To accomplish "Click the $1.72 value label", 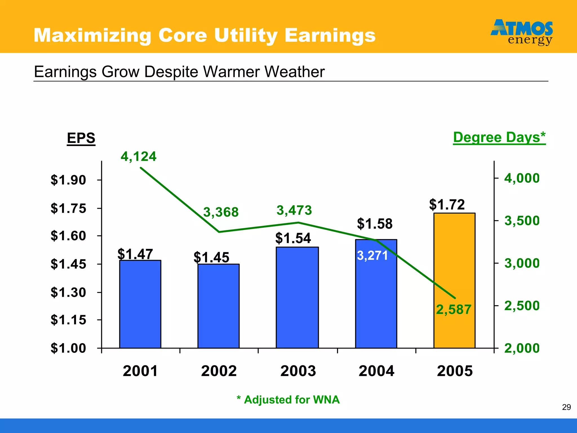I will pos(447,204).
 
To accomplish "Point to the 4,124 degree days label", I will pos(138,156).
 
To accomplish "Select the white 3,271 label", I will pos(372,256).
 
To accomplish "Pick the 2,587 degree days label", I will pos(454,310).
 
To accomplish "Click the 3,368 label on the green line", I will pos(221,212).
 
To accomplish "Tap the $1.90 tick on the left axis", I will pos(68,180).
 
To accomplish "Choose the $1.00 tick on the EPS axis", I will pos(68,348).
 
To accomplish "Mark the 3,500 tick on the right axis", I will pos(522,221).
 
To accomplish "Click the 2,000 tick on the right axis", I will pos(522,348).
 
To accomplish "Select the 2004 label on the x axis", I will pos(376,371).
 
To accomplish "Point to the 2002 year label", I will pos(219,371).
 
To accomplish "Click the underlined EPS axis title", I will pos(81,138).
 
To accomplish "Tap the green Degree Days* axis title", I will pos(499,138).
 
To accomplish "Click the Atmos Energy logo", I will pos(522,32).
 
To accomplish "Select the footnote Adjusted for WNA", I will pos(288,400).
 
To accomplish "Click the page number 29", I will pos(566,407).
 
